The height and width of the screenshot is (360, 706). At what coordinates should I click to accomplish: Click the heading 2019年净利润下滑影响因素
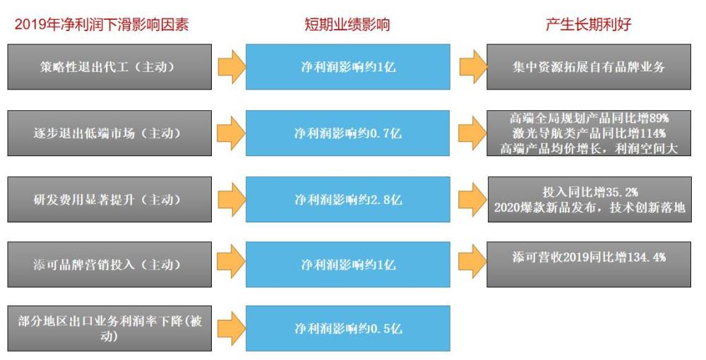point(102,24)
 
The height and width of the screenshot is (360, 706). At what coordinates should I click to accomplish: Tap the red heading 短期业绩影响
point(347,24)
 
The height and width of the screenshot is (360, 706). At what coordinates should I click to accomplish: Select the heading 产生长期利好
point(589,24)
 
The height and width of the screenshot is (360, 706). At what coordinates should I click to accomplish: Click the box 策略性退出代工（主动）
point(109,66)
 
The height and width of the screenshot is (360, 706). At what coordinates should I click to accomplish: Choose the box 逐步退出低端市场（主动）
point(109,133)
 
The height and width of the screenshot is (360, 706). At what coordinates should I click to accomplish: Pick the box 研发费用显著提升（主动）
point(109,199)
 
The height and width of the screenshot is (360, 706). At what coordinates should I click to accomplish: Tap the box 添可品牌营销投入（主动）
point(109,264)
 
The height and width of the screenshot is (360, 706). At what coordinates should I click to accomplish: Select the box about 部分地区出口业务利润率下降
point(109,328)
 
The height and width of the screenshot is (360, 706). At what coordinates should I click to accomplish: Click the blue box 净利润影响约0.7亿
point(347,133)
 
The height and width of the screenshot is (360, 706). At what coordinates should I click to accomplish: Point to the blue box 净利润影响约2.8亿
point(347,199)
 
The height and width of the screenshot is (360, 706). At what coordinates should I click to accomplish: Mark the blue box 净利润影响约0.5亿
point(347,328)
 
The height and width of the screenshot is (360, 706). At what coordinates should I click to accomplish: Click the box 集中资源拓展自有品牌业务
point(589,66)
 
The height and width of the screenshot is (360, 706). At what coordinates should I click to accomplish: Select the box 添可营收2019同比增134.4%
point(589,264)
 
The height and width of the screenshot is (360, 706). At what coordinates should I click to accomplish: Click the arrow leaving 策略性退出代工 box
point(232,66)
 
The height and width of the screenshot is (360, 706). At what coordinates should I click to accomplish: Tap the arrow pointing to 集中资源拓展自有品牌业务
point(473,66)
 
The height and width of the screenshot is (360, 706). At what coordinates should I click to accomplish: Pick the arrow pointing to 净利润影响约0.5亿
point(232,328)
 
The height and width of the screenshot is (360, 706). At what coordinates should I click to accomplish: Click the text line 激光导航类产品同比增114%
point(589,133)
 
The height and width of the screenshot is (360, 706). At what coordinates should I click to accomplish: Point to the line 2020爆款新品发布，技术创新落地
point(590,207)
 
